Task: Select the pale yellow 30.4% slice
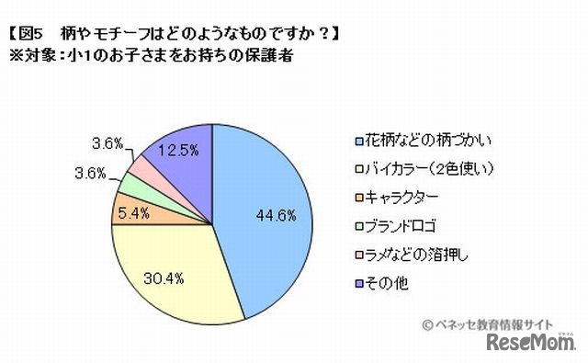[x=175, y=276]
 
